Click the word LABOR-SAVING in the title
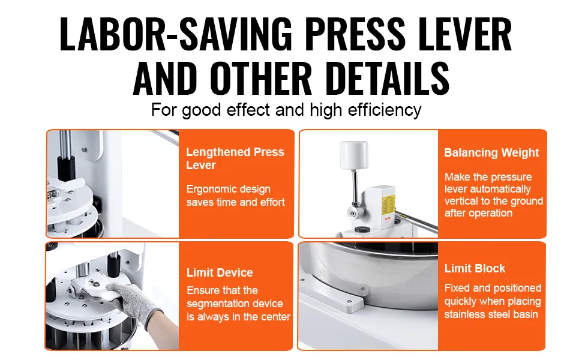point(176,34)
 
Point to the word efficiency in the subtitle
point(384,110)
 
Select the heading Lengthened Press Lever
point(235,158)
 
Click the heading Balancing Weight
point(491,152)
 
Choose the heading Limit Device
point(220,273)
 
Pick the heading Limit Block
point(475,268)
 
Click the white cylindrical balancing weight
point(354,155)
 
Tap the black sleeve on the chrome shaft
point(66,169)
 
